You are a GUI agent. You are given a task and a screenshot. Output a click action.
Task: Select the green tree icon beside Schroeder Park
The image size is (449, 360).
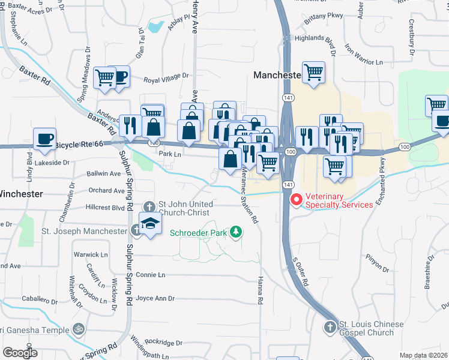point(237,231)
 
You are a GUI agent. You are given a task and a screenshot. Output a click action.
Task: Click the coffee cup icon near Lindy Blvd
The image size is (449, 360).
point(44,138)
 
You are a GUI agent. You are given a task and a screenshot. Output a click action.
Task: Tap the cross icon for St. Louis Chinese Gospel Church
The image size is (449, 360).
point(329,328)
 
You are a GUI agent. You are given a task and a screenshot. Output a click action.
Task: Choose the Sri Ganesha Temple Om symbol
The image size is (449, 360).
point(77,329)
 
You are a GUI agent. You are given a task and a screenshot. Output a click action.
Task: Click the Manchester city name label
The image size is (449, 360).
point(276,76)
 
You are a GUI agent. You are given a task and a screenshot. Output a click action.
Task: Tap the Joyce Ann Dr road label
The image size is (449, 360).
point(155,298)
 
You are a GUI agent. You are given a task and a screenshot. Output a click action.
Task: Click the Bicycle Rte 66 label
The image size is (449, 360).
point(80,145)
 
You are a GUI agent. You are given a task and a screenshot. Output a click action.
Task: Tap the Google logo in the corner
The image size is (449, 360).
point(20,352)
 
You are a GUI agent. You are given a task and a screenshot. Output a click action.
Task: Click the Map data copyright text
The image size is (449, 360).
point(424,355)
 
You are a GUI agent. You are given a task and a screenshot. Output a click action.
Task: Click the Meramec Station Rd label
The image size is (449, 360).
point(249,194)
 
